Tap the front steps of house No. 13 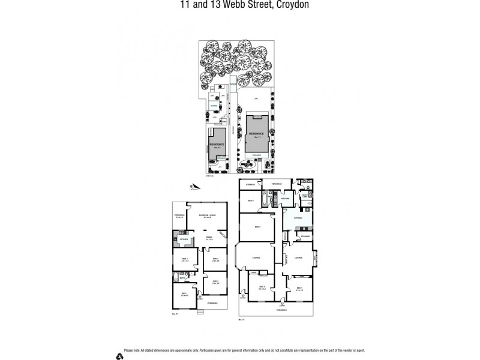(199, 311)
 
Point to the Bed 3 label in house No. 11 (257, 227)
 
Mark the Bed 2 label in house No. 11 (262, 287)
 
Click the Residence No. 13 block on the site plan (217, 145)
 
